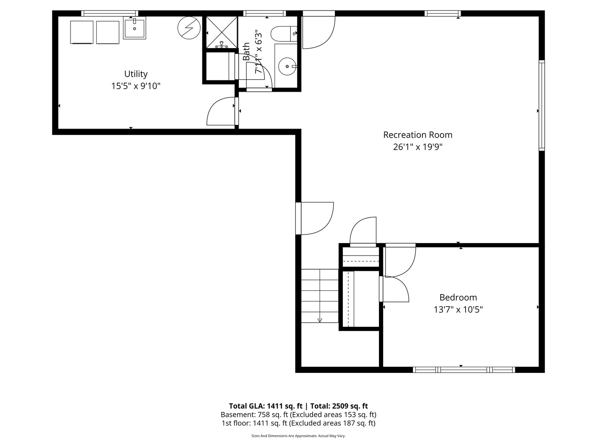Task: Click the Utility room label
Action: (136, 74)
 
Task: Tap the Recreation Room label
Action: (418, 135)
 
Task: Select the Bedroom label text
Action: (458, 297)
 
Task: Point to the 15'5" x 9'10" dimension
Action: (136, 86)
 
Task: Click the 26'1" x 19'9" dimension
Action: (418, 147)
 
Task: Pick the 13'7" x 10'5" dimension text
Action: (458, 309)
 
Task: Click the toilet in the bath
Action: (284, 34)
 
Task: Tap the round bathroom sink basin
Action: (287, 66)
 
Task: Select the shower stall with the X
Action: (222, 32)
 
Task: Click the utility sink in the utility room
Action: (134, 28)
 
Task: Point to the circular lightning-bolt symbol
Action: (189, 28)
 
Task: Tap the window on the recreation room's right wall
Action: (542, 105)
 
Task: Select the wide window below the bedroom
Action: (464, 370)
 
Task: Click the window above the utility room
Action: (109, 13)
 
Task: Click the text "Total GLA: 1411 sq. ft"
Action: (265, 406)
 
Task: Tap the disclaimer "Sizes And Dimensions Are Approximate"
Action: (284, 436)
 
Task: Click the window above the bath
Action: (265, 13)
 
